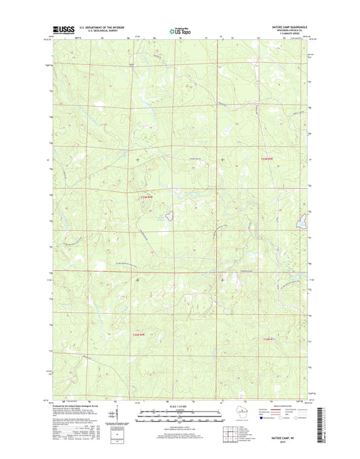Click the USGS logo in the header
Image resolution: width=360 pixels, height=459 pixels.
pyautogui.click(x=61, y=30)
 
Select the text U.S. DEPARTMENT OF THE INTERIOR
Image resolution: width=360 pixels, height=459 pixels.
pyautogui.click(x=101, y=28)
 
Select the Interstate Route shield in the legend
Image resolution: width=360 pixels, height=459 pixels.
pyautogui.click(x=263, y=418)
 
